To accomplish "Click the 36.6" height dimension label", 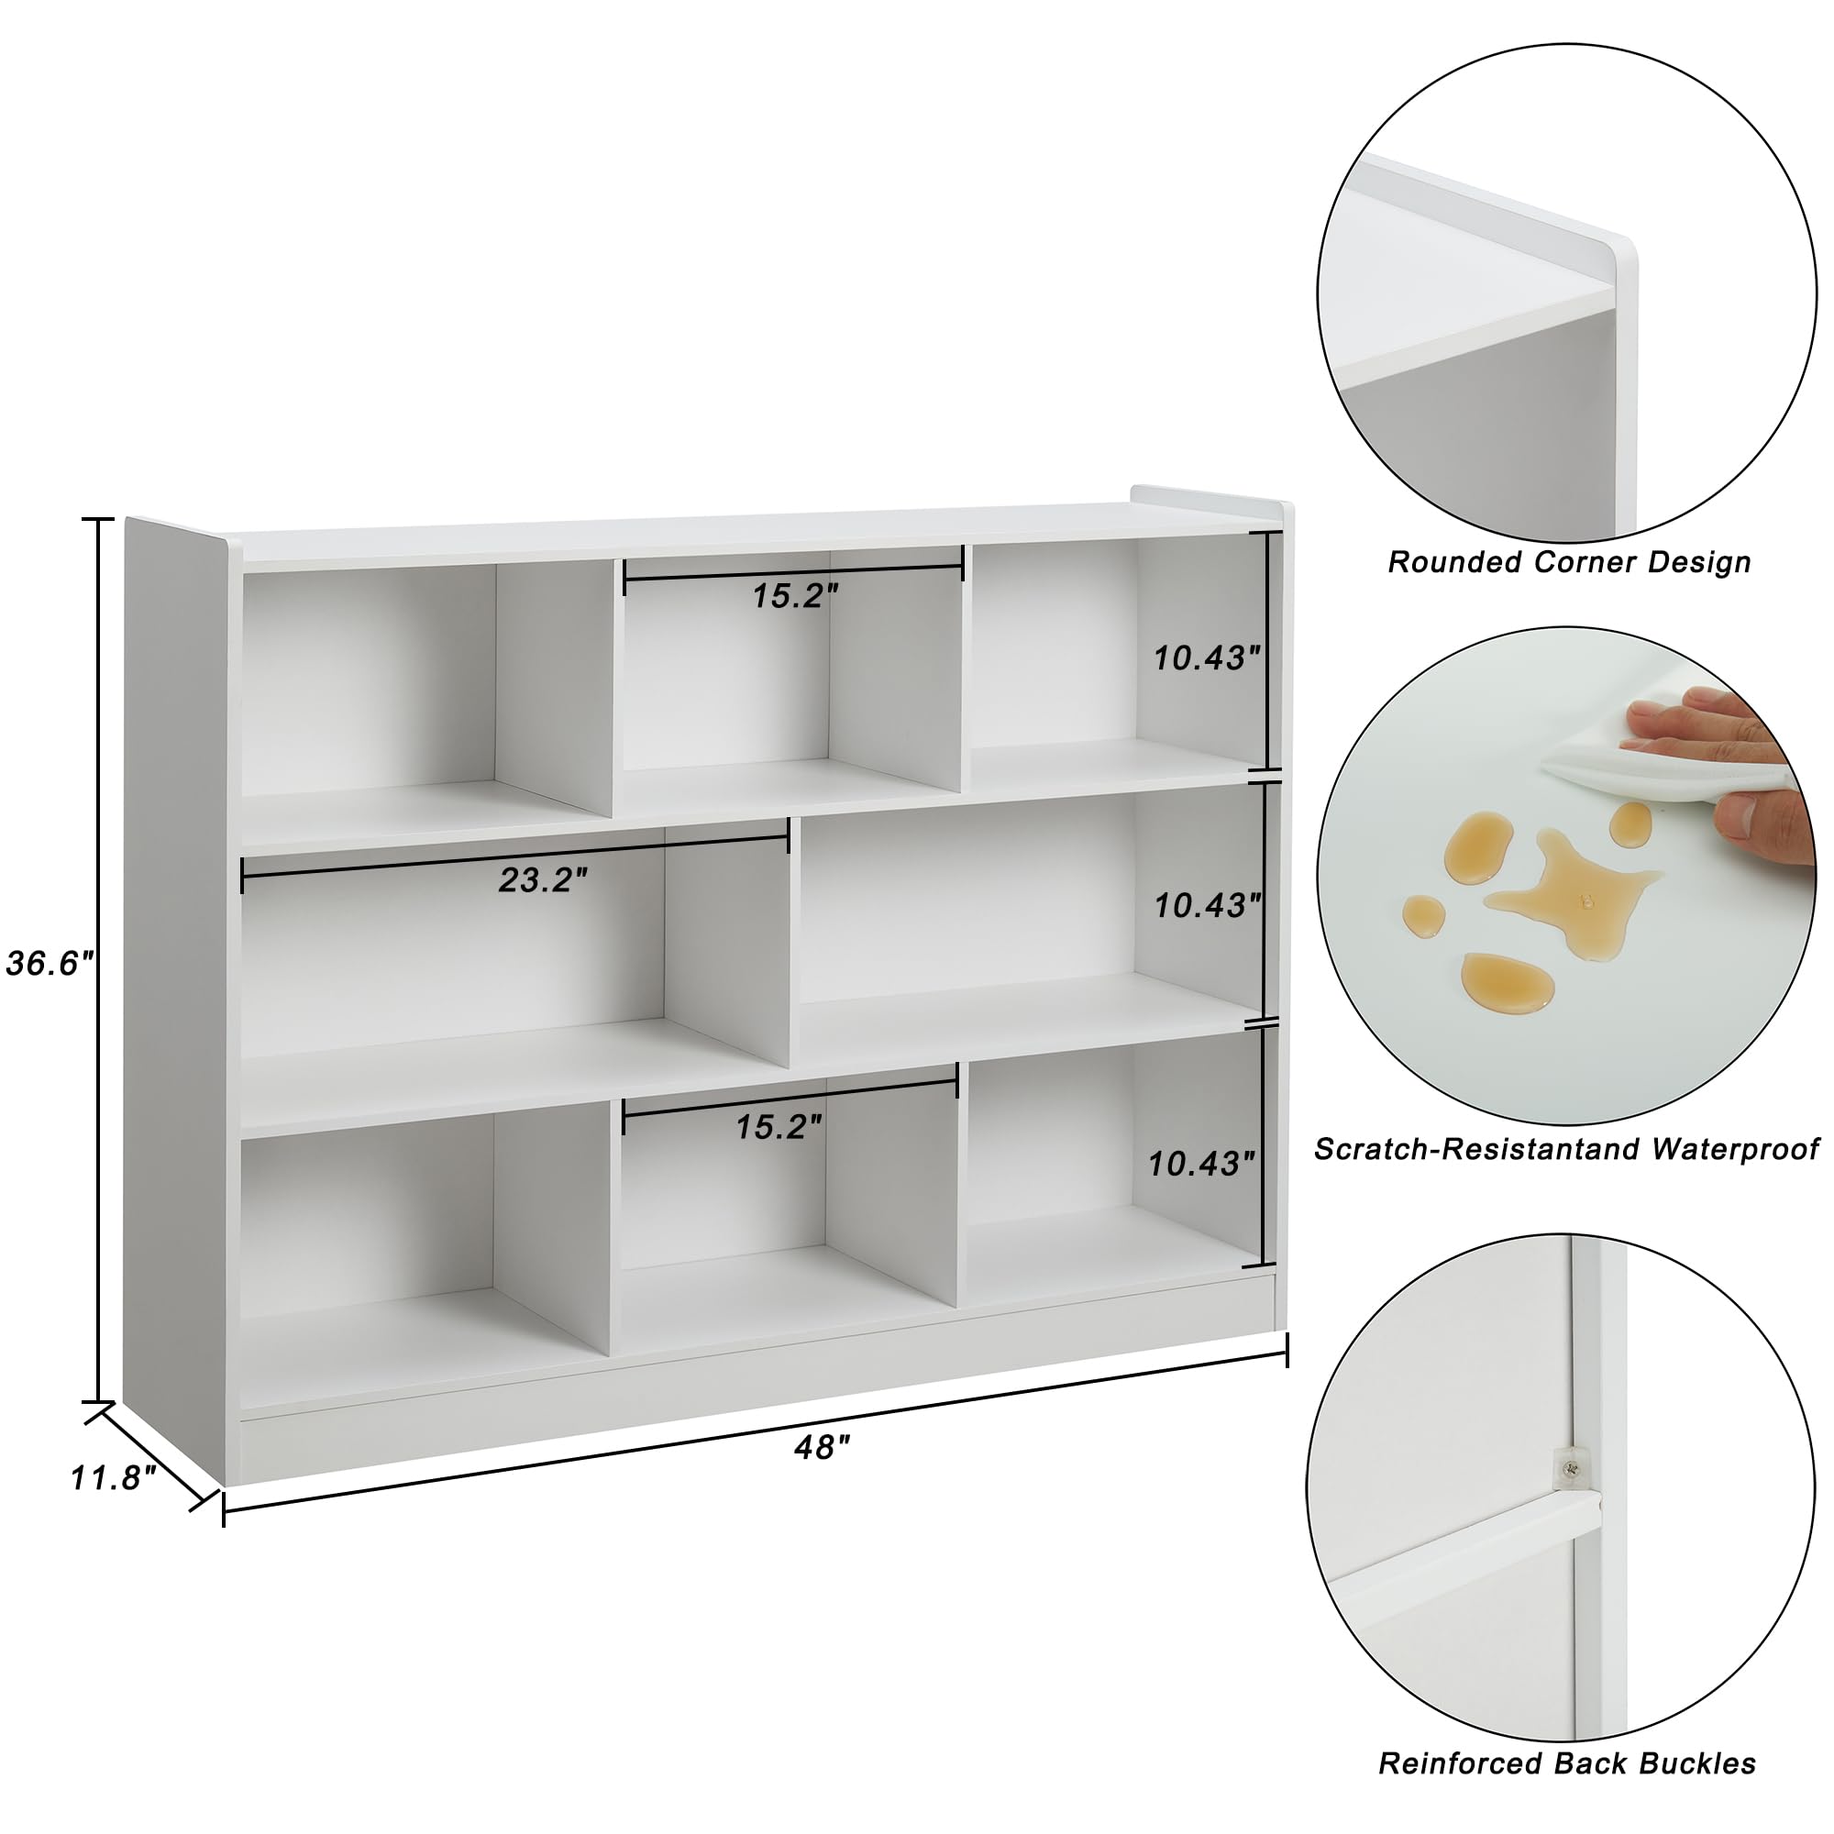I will [50, 965].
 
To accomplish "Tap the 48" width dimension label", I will [822, 1448].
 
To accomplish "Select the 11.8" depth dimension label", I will [113, 1478].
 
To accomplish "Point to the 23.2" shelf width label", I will [543, 881].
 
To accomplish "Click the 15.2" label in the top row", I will [795, 596].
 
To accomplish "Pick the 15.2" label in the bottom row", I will [779, 1127].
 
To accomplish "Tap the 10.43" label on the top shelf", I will [1206, 657].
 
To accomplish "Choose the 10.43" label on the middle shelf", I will [1207, 906].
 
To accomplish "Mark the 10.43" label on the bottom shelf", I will [1201, 1164].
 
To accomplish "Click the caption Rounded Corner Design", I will [1569, 562].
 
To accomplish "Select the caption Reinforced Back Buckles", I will [1567, 1763].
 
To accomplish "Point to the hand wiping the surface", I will [1718, 759].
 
